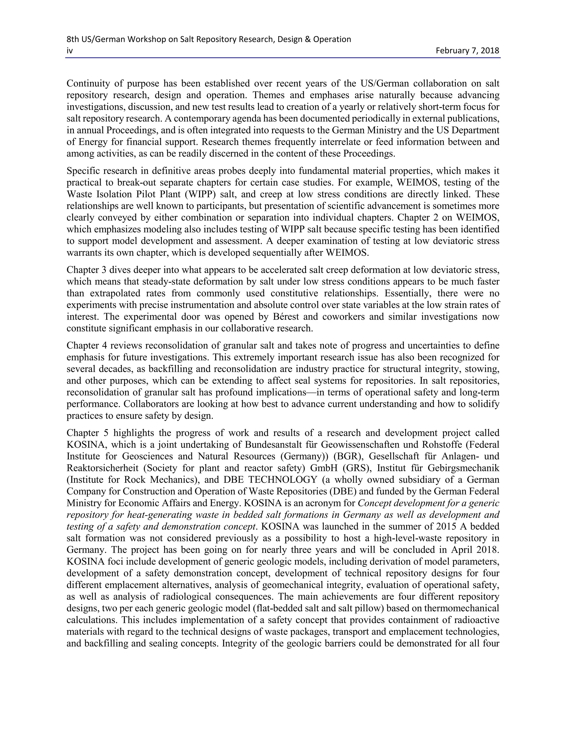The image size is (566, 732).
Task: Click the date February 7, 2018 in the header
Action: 467,51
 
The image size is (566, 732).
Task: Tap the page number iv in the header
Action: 69,51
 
